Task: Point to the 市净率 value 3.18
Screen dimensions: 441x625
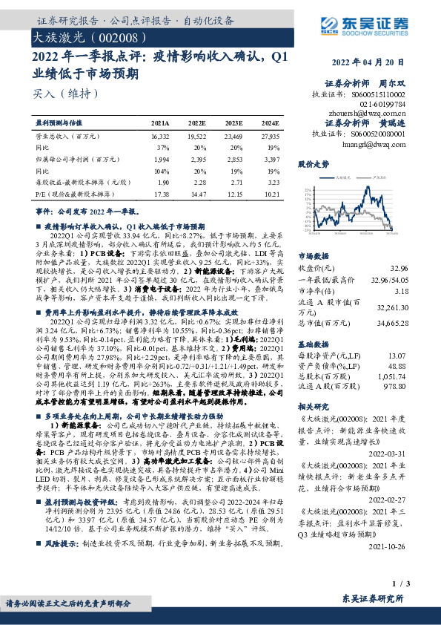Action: pos(400,271)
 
